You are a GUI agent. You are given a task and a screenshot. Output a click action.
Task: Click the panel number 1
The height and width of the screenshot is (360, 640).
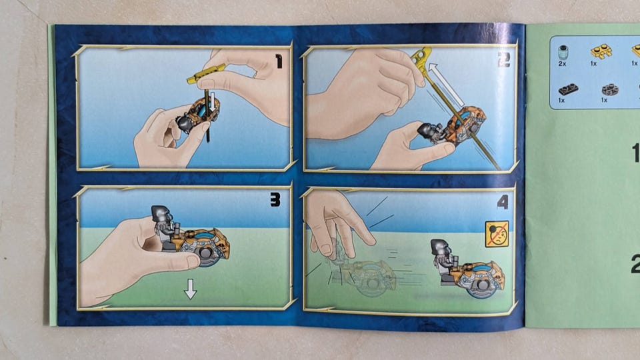click(279, 61)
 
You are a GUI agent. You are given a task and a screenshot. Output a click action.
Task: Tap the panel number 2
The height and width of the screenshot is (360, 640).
click(504, 59)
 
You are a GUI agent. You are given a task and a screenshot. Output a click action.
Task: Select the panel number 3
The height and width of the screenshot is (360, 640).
click(275, 199)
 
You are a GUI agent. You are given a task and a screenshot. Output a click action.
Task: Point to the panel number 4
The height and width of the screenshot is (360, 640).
click(503, 203)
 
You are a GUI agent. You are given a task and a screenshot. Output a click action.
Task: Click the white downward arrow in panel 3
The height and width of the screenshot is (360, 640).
click(190, 289)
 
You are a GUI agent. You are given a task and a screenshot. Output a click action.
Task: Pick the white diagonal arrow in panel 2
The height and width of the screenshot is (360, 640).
click(447, 85)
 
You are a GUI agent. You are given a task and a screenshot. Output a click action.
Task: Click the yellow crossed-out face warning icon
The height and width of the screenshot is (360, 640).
click(497, 234)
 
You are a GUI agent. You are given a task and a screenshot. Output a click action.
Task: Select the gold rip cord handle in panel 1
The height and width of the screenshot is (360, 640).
click(206, 73)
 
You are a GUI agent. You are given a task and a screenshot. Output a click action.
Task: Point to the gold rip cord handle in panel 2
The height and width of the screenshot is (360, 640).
click(421, 57)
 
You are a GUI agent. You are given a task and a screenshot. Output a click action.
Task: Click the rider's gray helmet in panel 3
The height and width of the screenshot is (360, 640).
click(160, 214)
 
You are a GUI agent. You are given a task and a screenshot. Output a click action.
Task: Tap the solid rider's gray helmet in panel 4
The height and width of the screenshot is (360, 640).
click(439, 248)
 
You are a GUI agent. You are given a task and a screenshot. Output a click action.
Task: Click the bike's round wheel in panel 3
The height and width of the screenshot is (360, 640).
click(207, 253)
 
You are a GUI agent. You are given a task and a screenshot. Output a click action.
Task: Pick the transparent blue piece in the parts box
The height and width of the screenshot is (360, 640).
click(563, 53)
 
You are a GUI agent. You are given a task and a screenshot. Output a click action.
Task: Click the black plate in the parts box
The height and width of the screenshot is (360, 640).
click(568, 89)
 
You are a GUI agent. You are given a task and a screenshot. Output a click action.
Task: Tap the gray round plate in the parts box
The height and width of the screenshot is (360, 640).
click(609, 89)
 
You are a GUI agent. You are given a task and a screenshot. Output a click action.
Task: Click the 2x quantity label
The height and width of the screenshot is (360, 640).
click(563, 64)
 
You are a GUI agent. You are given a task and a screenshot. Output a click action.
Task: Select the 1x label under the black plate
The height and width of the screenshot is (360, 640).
click(561, 100)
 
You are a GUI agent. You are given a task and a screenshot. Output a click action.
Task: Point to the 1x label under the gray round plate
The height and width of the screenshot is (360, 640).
click(604, 100)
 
